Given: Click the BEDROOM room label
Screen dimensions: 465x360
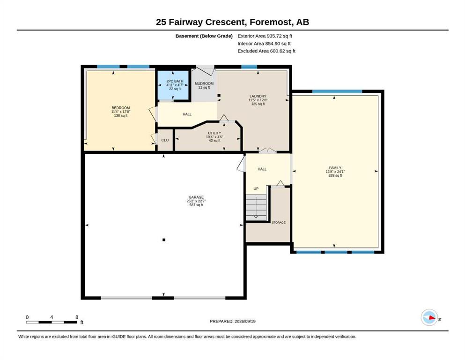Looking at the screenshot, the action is click(121, 108).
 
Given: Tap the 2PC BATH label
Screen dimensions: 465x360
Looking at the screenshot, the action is click(175, 81).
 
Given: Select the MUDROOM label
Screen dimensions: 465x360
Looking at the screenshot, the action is click(204, 83).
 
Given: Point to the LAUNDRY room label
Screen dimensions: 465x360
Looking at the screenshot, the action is click(258, 96).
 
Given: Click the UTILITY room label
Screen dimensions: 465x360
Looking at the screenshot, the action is click(214, 133).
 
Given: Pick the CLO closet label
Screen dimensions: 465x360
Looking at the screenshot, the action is click(165, 140).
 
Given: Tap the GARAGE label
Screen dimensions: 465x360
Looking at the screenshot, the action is click(196, 197).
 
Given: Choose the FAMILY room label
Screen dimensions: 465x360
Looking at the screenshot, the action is click(335, 168).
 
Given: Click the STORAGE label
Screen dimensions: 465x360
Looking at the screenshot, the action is click(279, 222).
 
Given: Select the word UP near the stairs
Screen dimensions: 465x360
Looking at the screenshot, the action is click(256, 189).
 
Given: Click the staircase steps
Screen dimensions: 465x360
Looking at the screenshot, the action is click(256, 207).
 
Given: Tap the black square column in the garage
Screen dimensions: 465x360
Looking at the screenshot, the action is click(164, 240).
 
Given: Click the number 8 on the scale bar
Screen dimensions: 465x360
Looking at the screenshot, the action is click(77, 317).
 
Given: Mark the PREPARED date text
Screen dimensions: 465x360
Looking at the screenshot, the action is click(232, 321).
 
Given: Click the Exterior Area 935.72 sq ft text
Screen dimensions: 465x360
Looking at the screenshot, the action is click(265, 36).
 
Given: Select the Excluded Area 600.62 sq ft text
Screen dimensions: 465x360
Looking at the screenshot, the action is click(266, 51).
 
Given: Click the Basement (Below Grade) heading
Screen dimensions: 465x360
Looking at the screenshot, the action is click(204, 36).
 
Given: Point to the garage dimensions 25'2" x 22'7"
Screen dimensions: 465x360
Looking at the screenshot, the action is click(196, 201).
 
